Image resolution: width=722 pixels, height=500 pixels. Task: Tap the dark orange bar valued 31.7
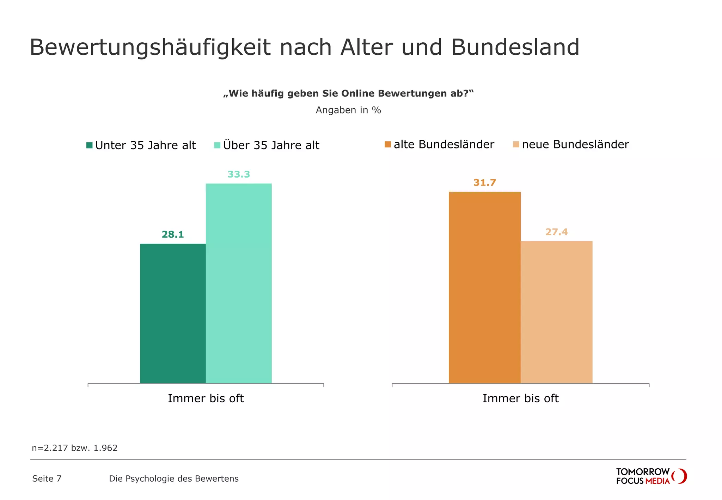484,287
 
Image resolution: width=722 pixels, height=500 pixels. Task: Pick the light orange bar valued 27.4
556,312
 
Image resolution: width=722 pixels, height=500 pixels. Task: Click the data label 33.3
239,174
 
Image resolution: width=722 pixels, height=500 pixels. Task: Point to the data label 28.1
173,234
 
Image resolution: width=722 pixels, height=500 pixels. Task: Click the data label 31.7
484,183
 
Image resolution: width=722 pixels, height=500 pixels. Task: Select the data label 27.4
556,232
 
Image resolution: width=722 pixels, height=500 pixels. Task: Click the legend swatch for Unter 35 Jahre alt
90,145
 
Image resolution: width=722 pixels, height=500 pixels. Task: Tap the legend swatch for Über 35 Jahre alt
217,145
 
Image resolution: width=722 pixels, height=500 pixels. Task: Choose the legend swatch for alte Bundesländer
388,145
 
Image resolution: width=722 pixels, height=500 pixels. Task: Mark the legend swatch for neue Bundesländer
516,145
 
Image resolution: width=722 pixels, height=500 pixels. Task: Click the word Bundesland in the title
515,47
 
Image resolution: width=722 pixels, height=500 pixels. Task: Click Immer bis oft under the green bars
206,398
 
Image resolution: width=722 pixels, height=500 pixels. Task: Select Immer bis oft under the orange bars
520,398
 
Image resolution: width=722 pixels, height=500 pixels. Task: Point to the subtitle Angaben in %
348,110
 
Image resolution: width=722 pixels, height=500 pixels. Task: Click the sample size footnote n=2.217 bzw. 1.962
75,448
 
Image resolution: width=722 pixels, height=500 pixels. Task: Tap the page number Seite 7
47,479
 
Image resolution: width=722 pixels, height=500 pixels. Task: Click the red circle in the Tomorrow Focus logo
680,476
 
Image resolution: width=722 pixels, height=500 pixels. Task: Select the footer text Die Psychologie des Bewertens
174,479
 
